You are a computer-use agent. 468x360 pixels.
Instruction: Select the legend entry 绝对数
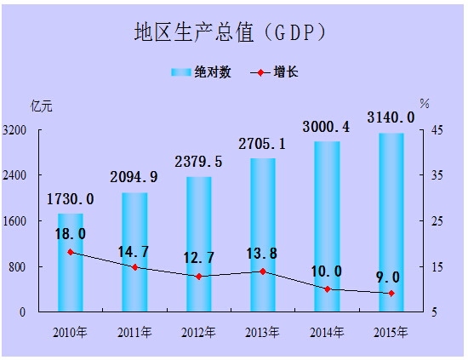point(202,72)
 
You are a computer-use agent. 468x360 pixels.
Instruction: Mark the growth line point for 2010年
point(71,252)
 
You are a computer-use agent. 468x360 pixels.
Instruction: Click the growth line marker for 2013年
point(263,271)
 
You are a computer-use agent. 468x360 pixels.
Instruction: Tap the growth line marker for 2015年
point(391,294)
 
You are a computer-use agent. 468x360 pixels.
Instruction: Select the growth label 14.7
point(134,251)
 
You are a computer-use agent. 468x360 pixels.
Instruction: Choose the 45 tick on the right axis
point(435,130)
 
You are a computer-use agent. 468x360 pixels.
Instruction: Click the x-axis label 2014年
point(327,331)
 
